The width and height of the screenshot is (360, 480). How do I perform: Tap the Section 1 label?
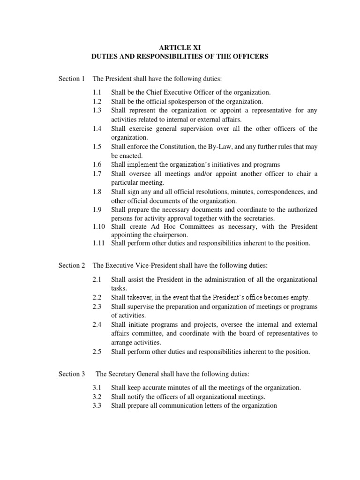(72, 79)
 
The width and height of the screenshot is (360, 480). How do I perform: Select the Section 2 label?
(72, 265)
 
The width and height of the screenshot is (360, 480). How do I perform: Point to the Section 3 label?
(72, 374)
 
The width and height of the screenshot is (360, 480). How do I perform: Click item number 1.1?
(97, 93)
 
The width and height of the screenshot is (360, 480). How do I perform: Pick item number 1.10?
(99, 226)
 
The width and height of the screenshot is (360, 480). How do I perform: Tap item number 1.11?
(99, 243)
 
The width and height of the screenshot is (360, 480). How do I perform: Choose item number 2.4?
(97, 324)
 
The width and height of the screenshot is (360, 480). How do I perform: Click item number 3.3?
(97, 405)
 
